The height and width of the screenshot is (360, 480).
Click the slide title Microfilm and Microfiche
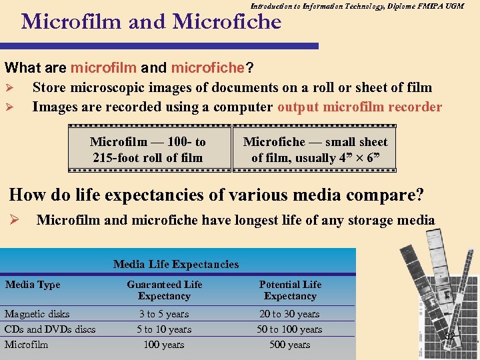151,22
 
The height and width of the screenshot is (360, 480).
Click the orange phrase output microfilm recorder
359,107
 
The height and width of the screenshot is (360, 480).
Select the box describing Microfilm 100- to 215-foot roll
147,150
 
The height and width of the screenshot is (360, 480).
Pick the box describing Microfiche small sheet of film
315,150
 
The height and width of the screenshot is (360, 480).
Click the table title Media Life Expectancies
176,264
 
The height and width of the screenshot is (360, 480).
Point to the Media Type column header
33,285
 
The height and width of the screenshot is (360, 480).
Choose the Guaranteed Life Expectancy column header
164,290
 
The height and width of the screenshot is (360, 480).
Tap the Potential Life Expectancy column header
290,290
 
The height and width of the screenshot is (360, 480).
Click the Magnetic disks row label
37,314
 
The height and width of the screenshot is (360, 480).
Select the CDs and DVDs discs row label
50,329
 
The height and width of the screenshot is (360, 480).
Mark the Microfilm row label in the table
27,345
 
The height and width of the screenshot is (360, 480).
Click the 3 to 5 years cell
164,314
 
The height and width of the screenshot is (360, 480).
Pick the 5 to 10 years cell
164,329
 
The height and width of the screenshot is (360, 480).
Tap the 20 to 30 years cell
290,314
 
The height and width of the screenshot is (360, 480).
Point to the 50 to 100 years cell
290,329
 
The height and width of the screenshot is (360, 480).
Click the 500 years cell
290,345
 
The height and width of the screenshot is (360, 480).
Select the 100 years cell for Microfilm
164,345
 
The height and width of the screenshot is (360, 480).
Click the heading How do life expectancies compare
216,195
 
